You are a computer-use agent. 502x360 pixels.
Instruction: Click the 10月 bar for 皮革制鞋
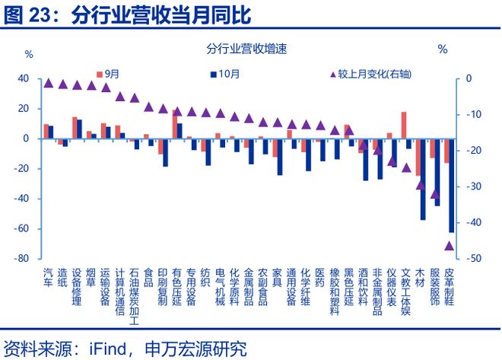(x=451, y=185)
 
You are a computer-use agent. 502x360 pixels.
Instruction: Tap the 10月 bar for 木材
(x=423, y=179)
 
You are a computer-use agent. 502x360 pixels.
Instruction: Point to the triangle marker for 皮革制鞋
(x=449, y=245)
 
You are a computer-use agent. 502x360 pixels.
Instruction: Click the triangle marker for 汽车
(x=49, y=82)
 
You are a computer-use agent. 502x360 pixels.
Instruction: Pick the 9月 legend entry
(x=108, y=74)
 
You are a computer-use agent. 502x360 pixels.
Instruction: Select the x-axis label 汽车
(x=49, y=277)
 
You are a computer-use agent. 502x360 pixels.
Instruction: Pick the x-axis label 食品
(x=148, y=277)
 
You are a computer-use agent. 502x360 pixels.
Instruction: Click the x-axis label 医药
(x=319, y=277)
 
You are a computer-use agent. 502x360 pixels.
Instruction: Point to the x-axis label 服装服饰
(x=435, y=286)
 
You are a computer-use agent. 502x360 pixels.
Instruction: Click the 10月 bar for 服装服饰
(x=437, y=172)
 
